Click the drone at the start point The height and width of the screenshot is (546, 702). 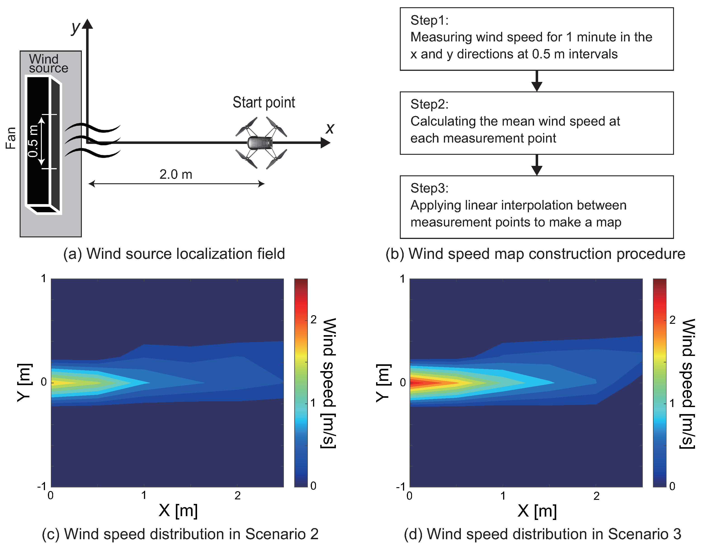tap(261, 143)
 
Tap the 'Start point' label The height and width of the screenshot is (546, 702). tap(264, 102)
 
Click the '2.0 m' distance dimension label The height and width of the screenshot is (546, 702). tap(176, 174)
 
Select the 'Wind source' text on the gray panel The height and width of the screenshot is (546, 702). tap(48, 64)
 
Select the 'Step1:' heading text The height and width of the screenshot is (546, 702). tap(429, 20)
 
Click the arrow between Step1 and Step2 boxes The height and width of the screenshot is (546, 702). tap(537, 81)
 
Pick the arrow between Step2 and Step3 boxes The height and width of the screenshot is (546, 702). tap(537, 165)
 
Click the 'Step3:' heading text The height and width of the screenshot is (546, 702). tap(429, 188)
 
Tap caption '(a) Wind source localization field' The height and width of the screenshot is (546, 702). tap(174, 254)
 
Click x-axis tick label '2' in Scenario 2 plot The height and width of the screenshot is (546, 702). tap(238, 496)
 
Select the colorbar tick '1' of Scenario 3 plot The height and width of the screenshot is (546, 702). tap(672, 403)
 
